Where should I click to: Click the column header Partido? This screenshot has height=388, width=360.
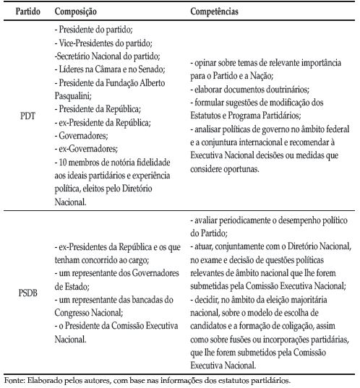20,12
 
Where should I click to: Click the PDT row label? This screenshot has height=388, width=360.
20,115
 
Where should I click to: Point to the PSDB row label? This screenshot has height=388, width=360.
20,295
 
